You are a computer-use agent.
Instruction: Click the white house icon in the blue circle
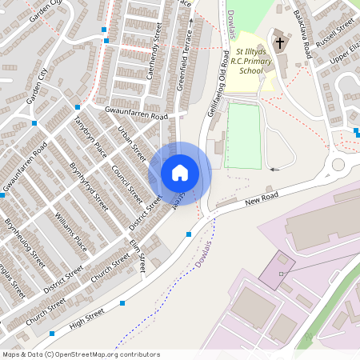point(180,172)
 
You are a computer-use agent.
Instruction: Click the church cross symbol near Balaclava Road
point(278,40)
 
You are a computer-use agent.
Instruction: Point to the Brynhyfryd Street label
point(87,186)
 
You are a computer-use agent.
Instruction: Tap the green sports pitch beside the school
point(244,136)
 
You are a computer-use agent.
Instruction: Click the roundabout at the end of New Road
point(338,165)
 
